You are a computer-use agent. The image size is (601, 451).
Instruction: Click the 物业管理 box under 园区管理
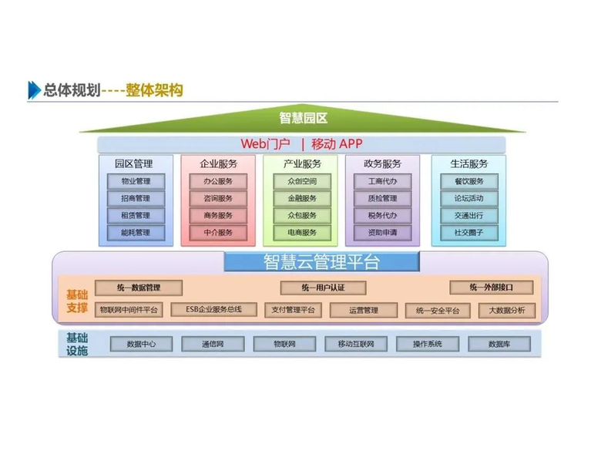pos(135,182)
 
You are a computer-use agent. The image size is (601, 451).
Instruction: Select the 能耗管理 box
pos(135,232)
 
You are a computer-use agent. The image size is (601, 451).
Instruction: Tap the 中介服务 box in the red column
pos(218,232)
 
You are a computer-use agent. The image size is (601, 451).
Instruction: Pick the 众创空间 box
pos(301,182)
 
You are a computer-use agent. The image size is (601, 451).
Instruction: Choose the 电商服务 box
pos(301,232)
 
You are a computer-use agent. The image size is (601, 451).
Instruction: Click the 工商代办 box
pos(383,182)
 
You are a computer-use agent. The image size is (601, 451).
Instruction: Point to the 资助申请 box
pos(383,232)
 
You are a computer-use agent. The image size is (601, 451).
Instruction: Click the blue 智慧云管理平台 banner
pos(321,262)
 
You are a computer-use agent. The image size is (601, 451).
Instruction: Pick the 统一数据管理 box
pos(139,288)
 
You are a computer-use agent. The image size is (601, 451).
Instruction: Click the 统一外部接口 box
pos(492,288)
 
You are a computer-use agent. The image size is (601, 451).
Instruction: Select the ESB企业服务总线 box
pos(213,310)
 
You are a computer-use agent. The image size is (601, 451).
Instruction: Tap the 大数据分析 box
pos(507,311)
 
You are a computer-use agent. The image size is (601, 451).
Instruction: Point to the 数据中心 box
pos(141,344)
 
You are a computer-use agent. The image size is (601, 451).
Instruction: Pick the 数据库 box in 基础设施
pos(499,344)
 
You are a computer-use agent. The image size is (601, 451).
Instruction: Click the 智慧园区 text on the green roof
pos(303,118)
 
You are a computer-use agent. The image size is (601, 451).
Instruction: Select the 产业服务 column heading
pos(301,164)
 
